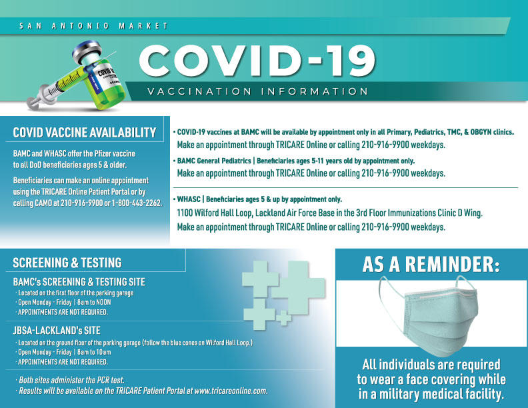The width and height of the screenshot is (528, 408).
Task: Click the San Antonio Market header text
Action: pos(93,26)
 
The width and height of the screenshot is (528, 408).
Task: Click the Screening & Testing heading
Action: pos(67,263)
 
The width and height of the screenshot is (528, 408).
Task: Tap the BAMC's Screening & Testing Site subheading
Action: pos(79,282)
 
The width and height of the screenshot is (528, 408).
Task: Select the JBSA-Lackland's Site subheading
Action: pos(56,330)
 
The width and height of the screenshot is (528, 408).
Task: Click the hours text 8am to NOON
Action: pos(97,303)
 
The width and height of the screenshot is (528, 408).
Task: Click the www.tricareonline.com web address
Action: pos(230,391)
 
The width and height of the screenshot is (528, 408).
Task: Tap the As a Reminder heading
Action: pos(431,265)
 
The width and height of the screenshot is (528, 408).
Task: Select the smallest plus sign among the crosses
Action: pos(283,318)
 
